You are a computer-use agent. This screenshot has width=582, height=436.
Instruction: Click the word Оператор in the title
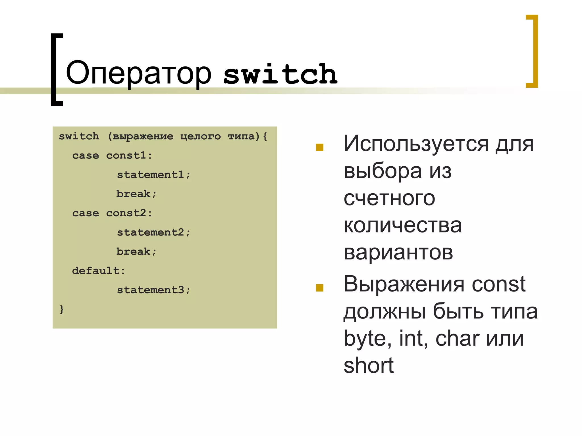(x=138, y=73)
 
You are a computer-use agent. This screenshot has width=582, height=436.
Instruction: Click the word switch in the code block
(x=79, y=137)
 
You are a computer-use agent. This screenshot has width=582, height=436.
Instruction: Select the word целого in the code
(x=200, y=137)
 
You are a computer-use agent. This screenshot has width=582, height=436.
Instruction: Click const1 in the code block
(x=126, y=156)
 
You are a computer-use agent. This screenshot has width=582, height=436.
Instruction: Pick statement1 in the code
(x=150, y=175)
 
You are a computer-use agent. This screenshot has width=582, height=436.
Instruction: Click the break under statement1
(x=133, y=194)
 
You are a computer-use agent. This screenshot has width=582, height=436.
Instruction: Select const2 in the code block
(x=126, y=213)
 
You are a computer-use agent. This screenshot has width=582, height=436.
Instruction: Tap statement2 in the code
(x=150, y=232)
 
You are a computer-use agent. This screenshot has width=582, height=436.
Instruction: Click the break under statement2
(x=133, y=251)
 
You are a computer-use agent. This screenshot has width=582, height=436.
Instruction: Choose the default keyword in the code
(x=96, y=271)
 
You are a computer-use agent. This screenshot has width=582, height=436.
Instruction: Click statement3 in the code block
(x=150, y=290)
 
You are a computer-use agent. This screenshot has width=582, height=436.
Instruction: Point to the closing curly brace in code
(x=62, y=309)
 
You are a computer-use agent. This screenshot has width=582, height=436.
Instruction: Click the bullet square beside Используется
(x=320, y=147)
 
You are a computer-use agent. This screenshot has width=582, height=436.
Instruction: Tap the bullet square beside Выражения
(x=320, y=288)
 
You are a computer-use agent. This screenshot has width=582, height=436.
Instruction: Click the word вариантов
(x=398, y=252)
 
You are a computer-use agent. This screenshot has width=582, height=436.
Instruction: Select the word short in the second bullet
(x=368, y=365)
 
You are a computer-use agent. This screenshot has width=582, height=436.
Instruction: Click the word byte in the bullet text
(x=365, y=339)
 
